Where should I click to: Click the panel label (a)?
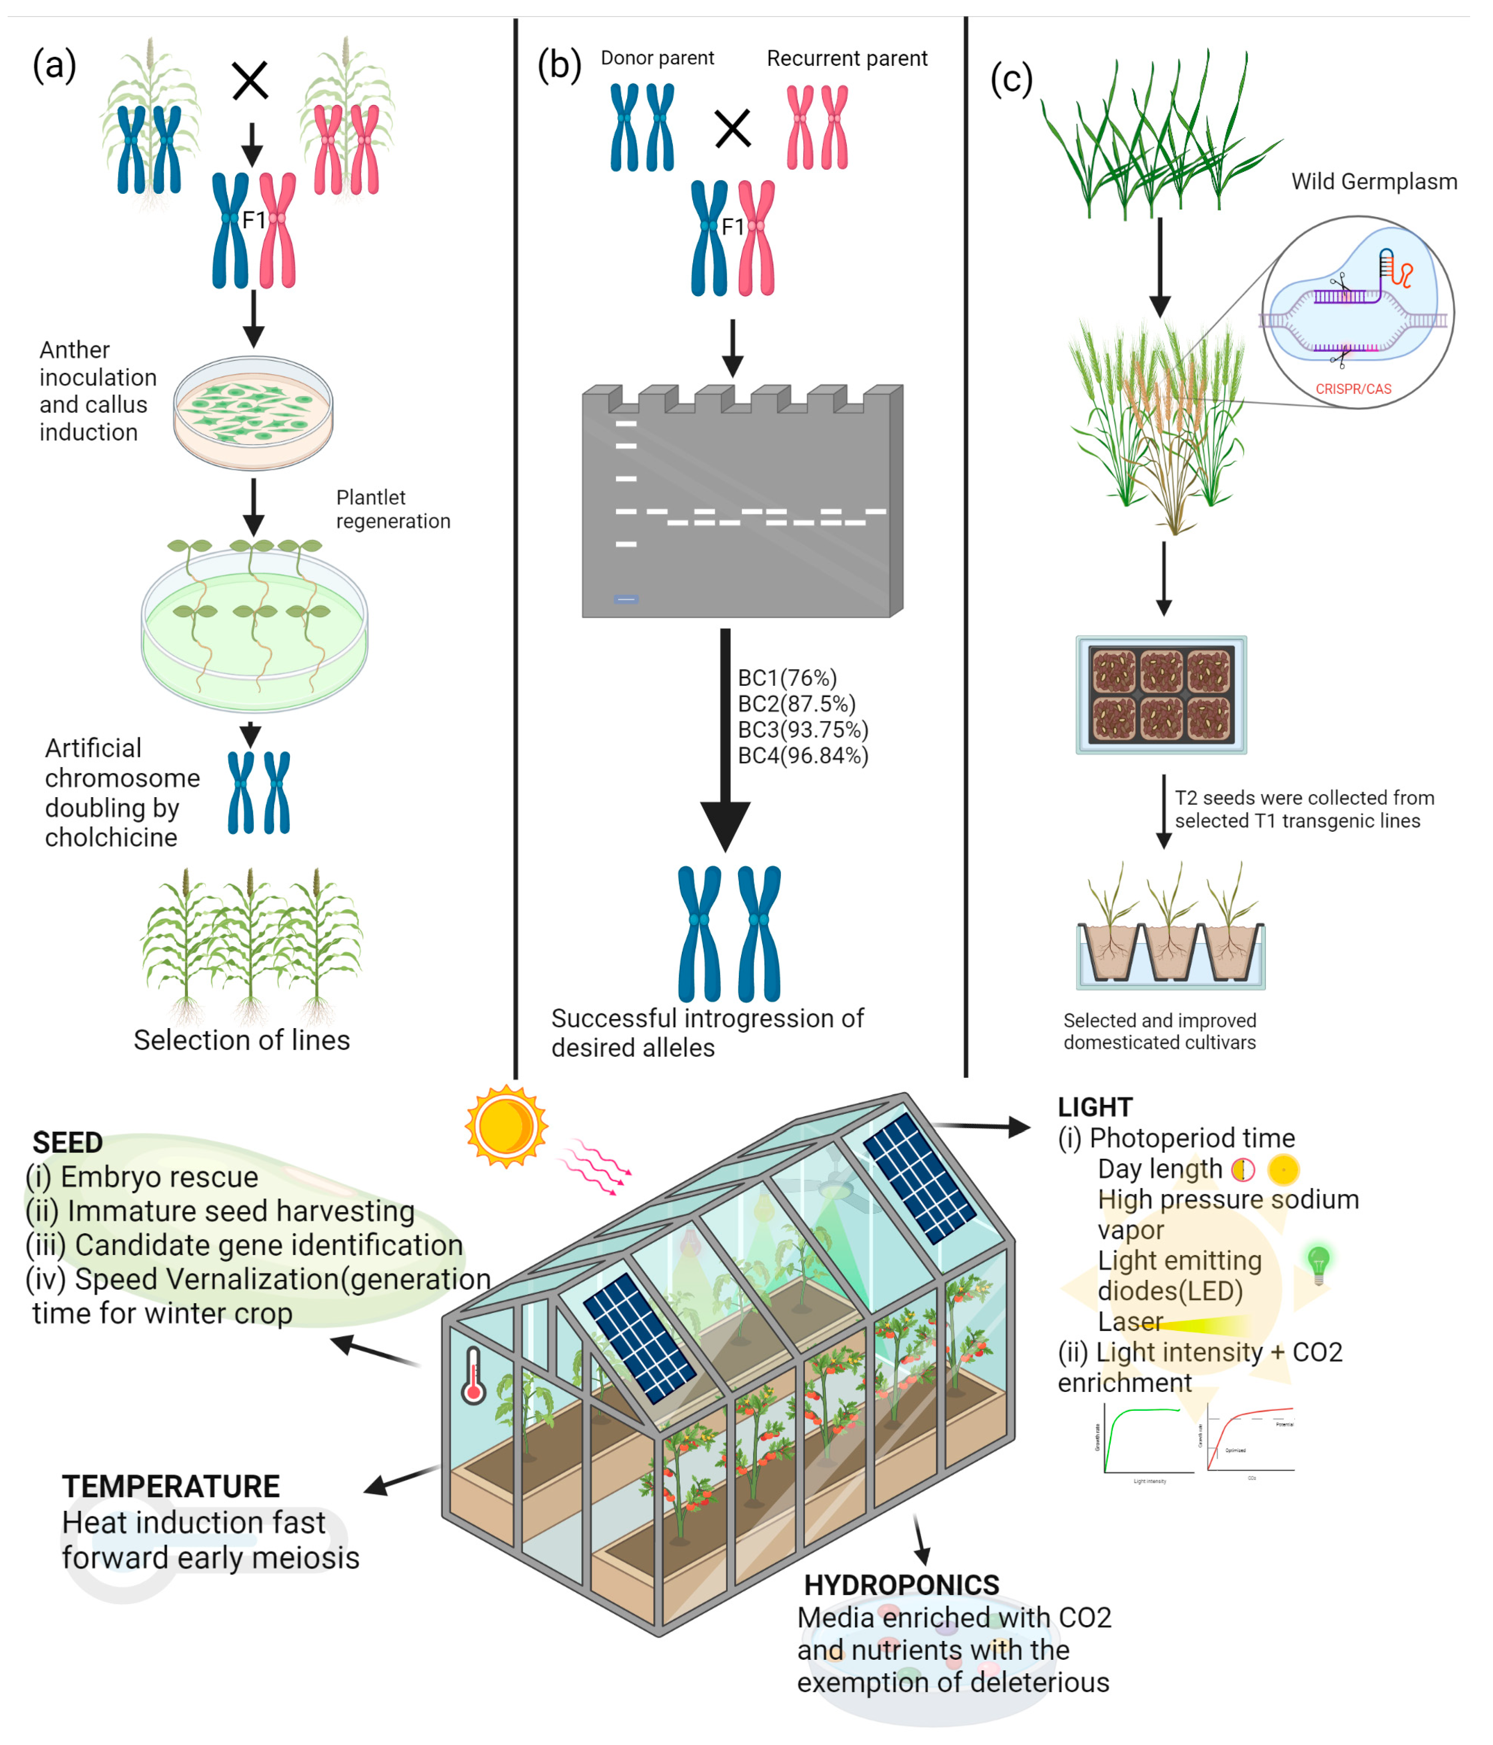click(54, 65)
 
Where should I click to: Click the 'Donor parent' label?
click(657, 58)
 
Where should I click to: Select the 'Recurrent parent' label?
click(846, 58)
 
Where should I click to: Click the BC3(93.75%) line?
click(803, 729)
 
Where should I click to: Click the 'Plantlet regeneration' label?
click(393, 509)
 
